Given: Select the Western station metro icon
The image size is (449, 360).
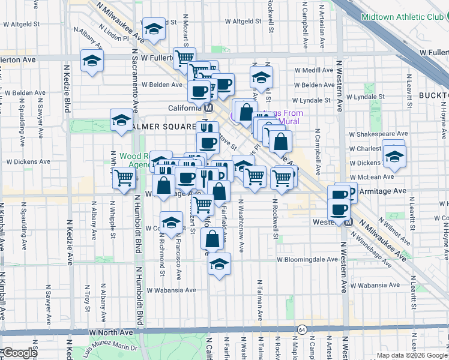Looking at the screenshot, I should (349, 222).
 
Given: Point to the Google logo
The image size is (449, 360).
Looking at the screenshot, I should (19, 353).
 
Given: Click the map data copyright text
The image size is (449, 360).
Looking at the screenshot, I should (412, 355).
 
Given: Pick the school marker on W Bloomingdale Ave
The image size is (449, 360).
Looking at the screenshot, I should (219, 263).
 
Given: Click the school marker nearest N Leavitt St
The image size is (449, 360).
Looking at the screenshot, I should (394, 158).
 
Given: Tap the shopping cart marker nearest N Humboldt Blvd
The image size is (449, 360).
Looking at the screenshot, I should (124, 178).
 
